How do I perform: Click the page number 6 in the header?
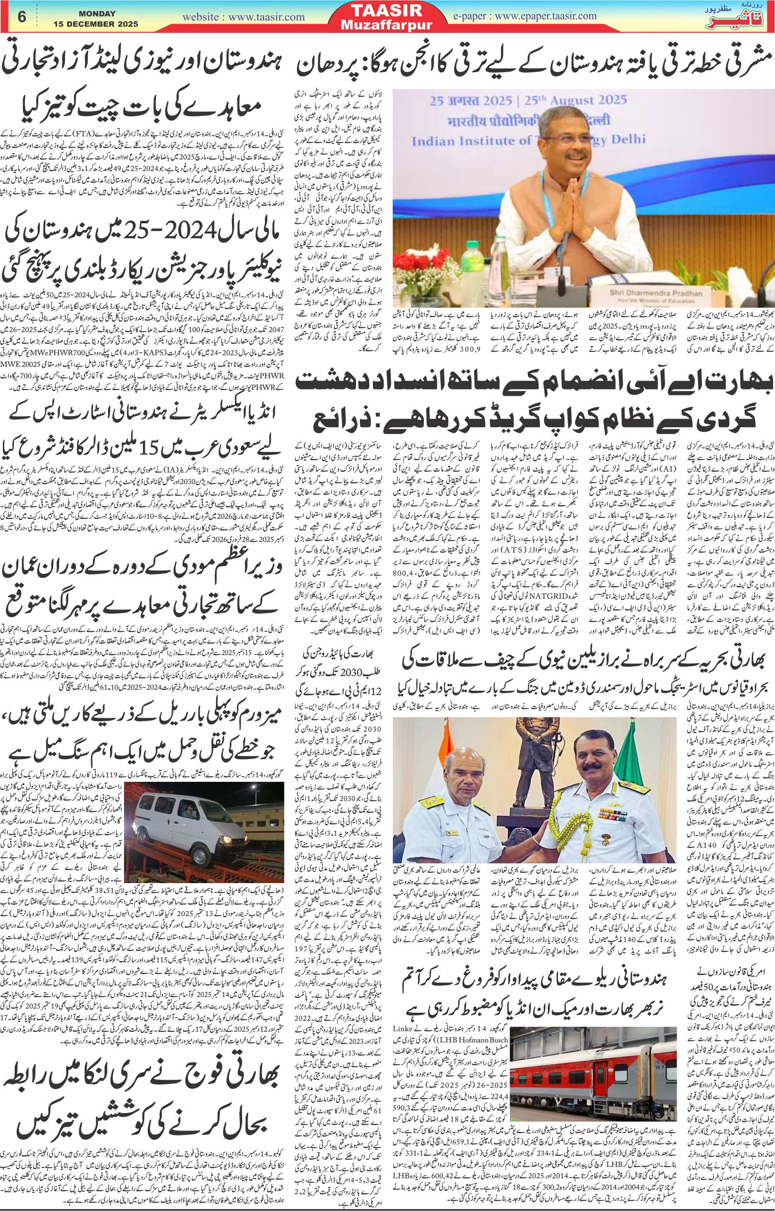pos(22,16)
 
